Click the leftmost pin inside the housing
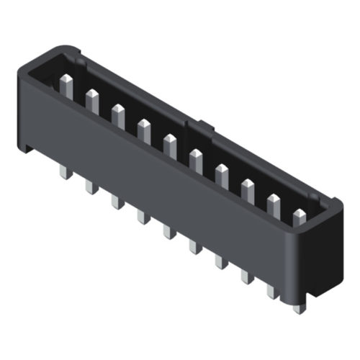[66, 86]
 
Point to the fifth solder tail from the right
[194, 246]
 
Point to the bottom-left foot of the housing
[27, 148]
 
